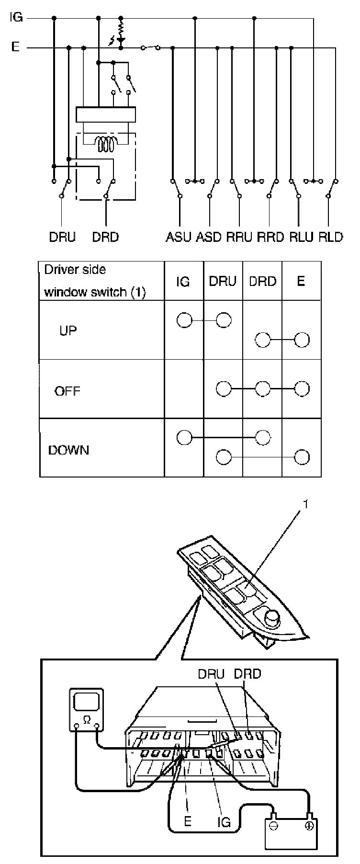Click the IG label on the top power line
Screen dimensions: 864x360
tap(16, 19)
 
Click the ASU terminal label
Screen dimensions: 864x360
tap(179, 237)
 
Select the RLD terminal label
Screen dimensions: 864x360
tap(331, 237)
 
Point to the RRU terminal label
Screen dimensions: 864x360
tap(239, 237)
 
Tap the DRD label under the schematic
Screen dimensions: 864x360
tap(105, 237)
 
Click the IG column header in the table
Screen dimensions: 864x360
tap(183, 282)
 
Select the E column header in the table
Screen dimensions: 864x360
tap(301, 281)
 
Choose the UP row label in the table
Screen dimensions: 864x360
tap(68, 331)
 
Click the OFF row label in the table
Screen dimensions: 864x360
tap(67, 391)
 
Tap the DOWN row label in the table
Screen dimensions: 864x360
tap(68, 451)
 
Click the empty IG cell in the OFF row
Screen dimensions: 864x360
tap(184, 388)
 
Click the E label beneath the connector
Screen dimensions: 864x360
tap(188, 821)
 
